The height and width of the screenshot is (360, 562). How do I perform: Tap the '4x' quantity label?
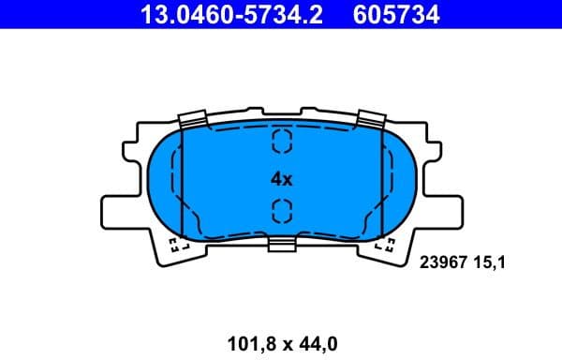tap(282, 177)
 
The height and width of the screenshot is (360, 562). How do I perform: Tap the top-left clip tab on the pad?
tap(191, 119)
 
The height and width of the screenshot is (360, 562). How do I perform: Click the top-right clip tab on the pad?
tap(372, 119)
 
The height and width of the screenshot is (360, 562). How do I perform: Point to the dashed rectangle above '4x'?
tap(281, 142)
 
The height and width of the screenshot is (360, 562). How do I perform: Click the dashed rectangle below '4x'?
tap(281, 211)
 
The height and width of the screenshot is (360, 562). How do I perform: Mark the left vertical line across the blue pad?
tap(180, 178)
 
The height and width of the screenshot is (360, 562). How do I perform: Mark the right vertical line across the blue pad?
tap(383, 178)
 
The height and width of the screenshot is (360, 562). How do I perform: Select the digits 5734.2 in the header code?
tap(281, 14)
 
